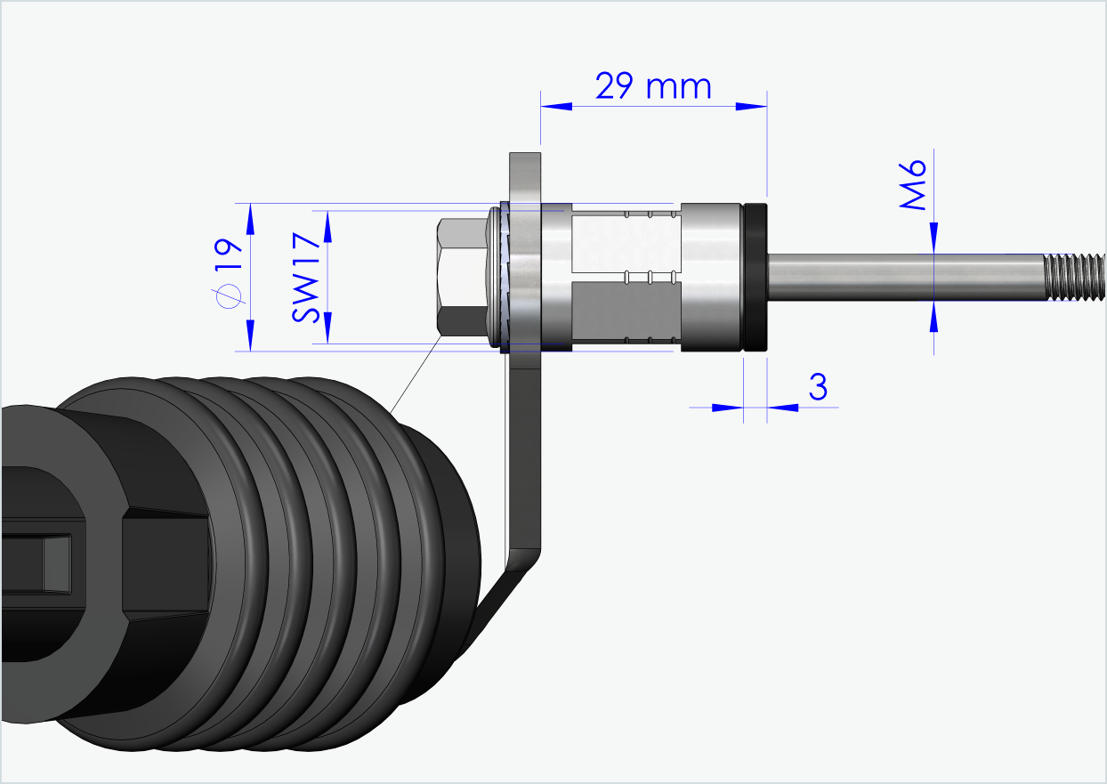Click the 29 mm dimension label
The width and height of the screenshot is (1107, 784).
(653, 86)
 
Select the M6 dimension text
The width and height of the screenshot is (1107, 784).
(914, 186)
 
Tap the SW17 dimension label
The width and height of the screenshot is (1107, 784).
(304, 277)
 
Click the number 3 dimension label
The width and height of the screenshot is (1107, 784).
(818, 387)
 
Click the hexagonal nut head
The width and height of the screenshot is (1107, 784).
(460, 277)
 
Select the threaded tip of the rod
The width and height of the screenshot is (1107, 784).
(1074, 277)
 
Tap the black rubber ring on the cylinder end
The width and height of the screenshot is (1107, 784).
(756, 277)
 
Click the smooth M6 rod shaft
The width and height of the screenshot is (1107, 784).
(899, 277)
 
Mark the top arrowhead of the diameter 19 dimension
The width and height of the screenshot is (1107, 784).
(250, 216)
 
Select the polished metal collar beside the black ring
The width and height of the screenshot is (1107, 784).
(712, 277)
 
